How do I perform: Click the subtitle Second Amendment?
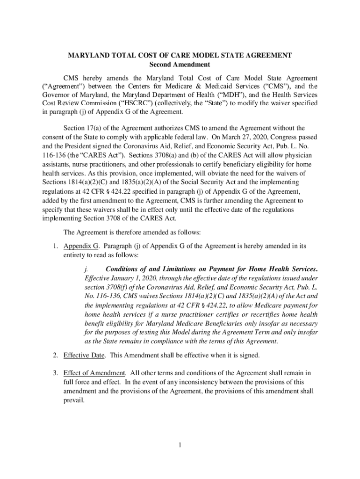tap(180, 65)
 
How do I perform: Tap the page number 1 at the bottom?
tap(180, 444)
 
